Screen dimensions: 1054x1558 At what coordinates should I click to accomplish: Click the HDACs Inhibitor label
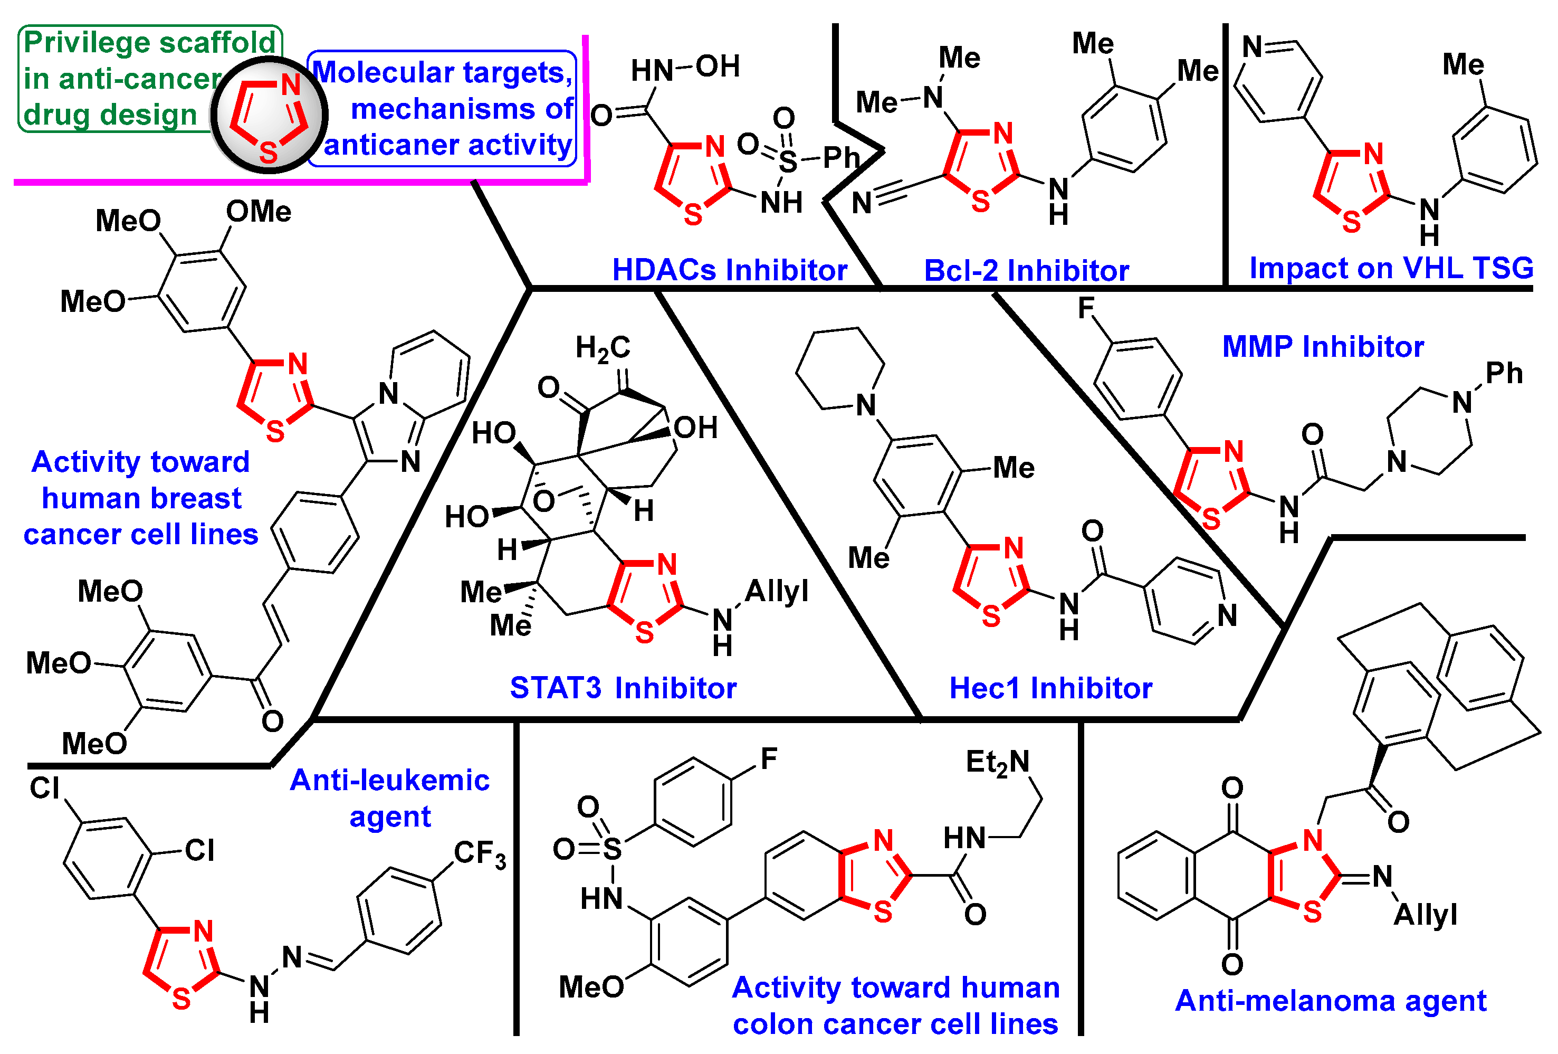click(x=729, y=270)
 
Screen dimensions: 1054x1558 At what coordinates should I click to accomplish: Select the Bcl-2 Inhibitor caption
click(x=1026, y=271)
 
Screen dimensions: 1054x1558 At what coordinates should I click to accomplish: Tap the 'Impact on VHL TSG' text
click(x=1391, y=268)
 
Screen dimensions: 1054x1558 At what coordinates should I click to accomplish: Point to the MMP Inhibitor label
click(x=1323, y=347)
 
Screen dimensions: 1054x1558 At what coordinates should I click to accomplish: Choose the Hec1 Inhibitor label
click(x=1050, y=688)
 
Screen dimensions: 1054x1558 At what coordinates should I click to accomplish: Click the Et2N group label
click(x=997, y=762)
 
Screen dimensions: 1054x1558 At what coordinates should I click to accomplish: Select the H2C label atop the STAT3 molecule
click(x=603, y=348)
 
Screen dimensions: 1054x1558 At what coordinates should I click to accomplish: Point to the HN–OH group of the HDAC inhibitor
click(x=685, y=68)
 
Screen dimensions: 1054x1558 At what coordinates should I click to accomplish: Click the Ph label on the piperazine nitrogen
click(x=1504, y=374)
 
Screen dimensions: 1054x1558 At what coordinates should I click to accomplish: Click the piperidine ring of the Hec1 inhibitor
click(x=840, y=369)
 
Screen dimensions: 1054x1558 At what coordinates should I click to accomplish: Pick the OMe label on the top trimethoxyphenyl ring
click(x=259, y=212)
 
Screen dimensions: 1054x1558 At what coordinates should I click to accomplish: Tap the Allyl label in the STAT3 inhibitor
click(x=776, y=591)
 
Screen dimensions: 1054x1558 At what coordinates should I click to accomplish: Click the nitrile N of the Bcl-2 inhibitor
click(x=862, y=203)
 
